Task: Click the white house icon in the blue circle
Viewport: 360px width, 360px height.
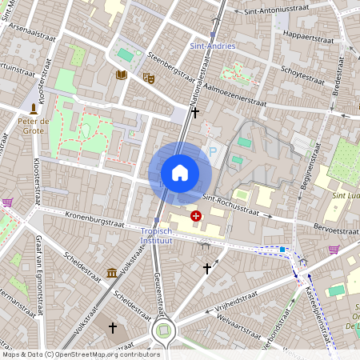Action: click(180, 173)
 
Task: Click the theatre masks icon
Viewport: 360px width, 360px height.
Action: click(147, 78)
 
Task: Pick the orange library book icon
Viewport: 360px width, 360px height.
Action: click(121, 75)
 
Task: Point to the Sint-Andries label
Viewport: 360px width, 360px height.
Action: click(213, 46)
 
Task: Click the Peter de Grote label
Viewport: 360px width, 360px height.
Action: click(34, 126)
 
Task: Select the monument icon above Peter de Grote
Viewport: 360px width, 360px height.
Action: click(33, 107)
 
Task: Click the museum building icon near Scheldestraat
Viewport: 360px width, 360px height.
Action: click(112, 273)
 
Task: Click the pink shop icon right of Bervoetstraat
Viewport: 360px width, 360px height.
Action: click(334, 250)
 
